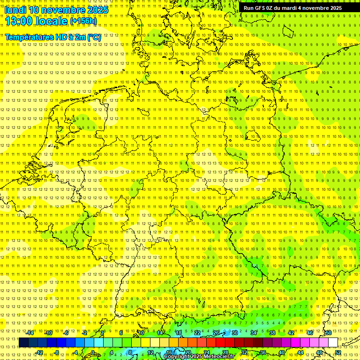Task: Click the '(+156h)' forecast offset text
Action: [83, 21]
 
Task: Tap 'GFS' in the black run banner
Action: [262, 8]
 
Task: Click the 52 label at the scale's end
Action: [338, 352]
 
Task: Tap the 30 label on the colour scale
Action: [234, 333]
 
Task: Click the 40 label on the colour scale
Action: [282, 352]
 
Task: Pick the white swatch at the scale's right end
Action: [333, 343]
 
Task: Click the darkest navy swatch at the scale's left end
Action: [23, 343]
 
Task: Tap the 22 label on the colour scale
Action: [197, 333]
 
